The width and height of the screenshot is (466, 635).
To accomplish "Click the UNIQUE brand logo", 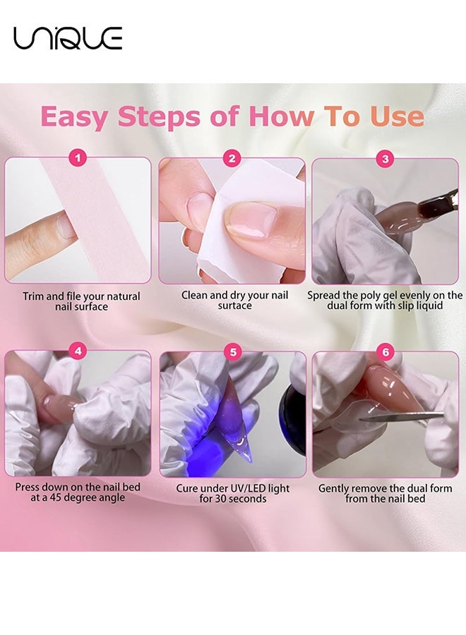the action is click(68, 38).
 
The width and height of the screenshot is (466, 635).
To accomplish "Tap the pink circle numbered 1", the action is click(78, 158).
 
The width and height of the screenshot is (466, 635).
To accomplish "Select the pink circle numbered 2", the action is click(232, 158).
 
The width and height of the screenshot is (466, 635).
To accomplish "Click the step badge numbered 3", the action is click(385, 159).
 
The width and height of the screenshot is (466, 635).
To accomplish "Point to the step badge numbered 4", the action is click(78, 351).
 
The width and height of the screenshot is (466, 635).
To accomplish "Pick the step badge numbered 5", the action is click(233, 351).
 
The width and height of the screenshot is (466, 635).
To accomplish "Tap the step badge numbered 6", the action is click(386, 351).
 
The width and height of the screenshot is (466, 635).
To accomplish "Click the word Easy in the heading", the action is click(75, 117).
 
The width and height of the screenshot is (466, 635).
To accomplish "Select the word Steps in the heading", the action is click(159, 117).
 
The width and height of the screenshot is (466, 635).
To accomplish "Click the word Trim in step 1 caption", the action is click(32, 296).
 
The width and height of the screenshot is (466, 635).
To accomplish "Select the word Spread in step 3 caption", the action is click(323, 296).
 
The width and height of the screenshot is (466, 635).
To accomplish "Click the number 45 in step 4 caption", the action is click(55, 497).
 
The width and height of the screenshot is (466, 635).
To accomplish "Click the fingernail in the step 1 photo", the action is click(66, 225).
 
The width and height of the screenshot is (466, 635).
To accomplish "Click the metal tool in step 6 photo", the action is click(401, 416).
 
